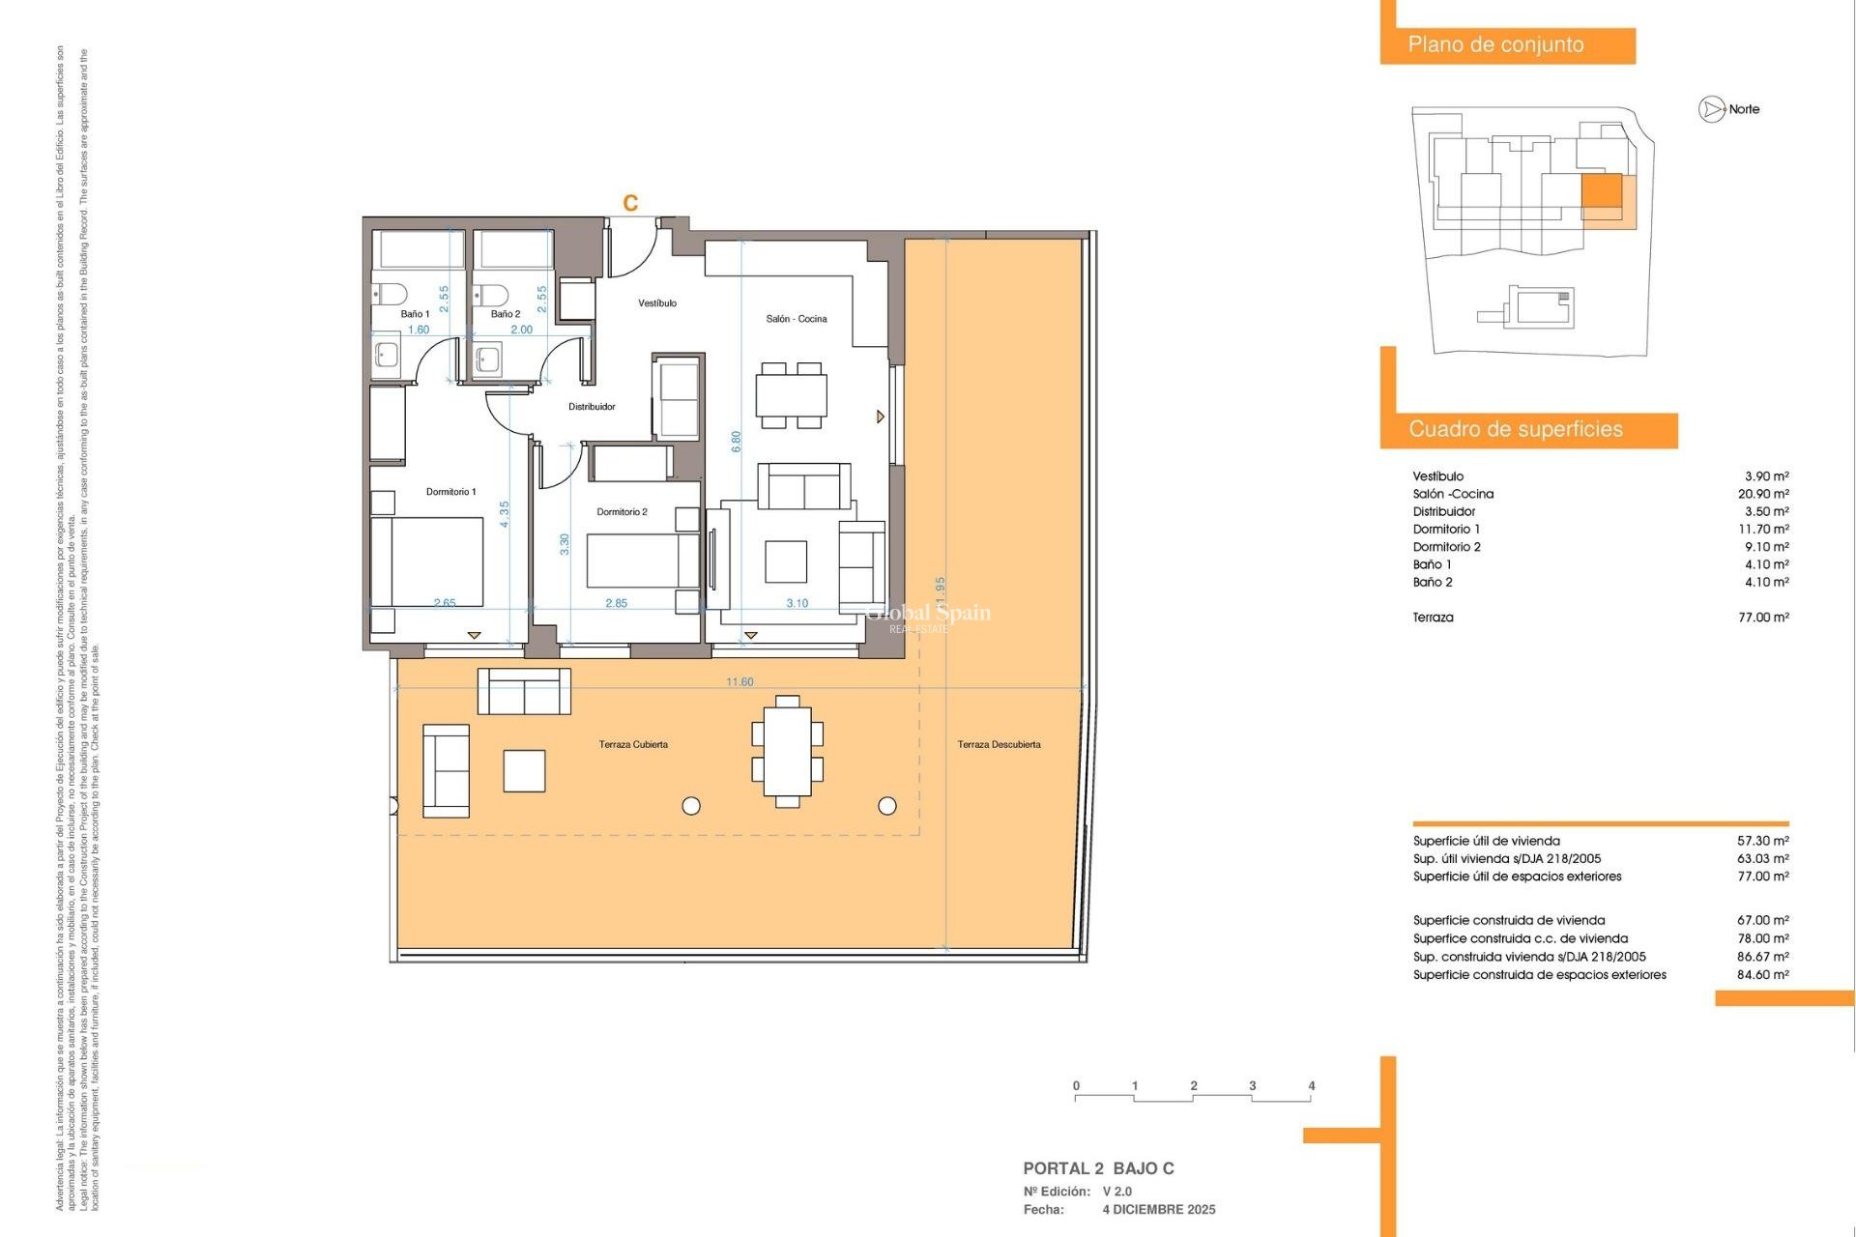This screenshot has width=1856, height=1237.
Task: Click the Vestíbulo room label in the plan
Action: [x=657, y=303]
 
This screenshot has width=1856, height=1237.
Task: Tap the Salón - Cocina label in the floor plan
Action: [x=796, y=319]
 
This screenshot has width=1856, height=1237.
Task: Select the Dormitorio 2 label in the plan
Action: [x=622, y=512]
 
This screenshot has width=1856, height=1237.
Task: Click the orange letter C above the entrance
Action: [x=630, y=203]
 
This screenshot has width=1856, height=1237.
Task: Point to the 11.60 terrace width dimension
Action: [x=739, y=682]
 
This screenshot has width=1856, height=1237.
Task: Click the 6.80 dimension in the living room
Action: [x=737, y=442]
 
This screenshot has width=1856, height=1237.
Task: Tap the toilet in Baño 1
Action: [x=390, y=293]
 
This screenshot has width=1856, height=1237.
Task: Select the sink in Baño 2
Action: [x=488, y=360]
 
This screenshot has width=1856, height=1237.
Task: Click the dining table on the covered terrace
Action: [x=787, y=751]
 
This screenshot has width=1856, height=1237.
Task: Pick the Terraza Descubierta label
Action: [x=999, y=744]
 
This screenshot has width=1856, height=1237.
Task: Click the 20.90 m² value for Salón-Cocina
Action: [x=1763, y=494]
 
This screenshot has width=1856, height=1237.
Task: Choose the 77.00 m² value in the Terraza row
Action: [x=1763, y=618]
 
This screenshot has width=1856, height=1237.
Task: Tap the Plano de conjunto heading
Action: [x=1495, y=44]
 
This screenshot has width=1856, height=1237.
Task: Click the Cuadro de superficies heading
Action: [x=1515, y=429]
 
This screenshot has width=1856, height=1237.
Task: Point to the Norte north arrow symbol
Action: [x=1712, y=109]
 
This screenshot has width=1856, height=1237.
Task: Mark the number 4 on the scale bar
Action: [x=1311, y=1086]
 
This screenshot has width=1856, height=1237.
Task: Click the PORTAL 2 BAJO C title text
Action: [x=1098, y=1168]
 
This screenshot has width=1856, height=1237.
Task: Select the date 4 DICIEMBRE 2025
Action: [x=1159, y=1210]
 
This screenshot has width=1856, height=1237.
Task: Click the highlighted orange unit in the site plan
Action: [x=1601, y=191]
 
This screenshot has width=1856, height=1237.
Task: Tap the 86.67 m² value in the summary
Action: [x=1762, y=957]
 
